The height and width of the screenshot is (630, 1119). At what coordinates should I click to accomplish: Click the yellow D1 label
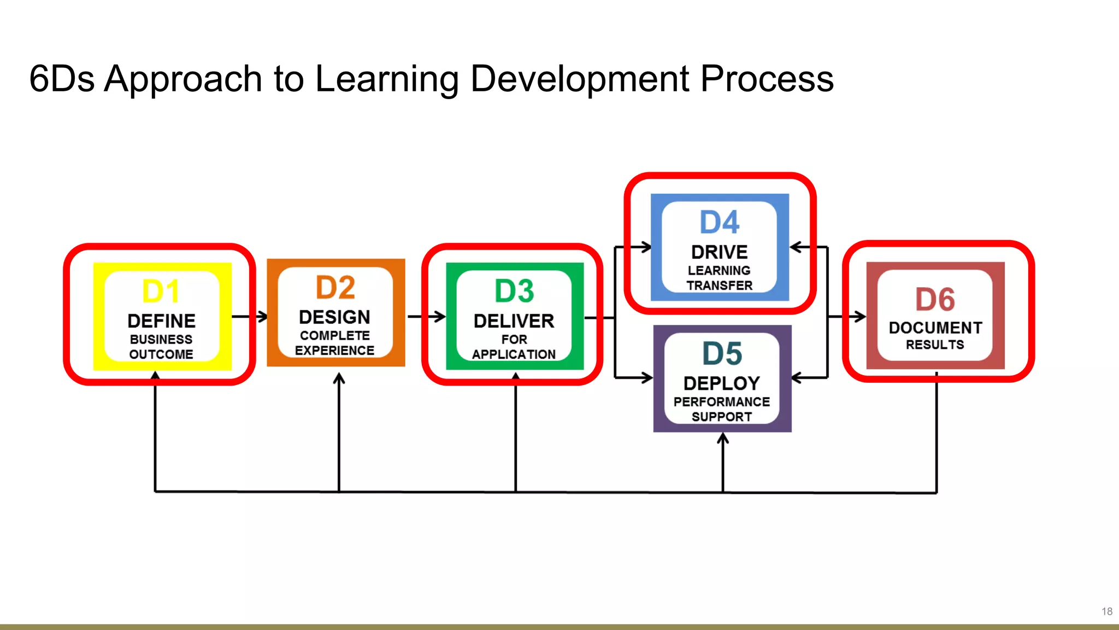pos(161,291)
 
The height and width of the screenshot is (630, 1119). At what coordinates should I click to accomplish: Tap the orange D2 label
pos(335,288)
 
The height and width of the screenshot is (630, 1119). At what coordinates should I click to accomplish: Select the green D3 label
pos(514,291)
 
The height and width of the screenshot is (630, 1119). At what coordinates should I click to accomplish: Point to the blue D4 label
pos(720,223)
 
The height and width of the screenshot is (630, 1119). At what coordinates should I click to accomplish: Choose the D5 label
pos(722,354)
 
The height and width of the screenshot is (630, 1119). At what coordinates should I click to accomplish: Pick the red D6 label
pos(935,300)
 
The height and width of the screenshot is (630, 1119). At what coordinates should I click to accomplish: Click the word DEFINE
pos(161,321)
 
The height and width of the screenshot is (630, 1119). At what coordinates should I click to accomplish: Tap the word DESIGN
pos(334,317)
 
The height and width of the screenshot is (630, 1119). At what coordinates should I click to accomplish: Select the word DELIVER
pos(514,321)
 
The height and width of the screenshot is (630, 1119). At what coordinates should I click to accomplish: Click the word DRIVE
pos(720,252)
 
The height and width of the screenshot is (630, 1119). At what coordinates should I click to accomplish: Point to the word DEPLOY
pos(722,383)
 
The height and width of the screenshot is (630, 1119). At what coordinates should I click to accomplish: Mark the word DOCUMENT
pos(935,328)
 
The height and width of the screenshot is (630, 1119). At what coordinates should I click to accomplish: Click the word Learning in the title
pos(387,79)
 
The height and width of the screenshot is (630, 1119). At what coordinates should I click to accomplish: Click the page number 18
pos(1107,611)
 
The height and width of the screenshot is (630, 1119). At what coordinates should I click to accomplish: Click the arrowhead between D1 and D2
pos(263,317)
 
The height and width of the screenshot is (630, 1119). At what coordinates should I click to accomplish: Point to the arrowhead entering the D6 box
pos(861,317)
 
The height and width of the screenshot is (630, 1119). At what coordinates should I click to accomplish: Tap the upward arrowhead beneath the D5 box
pos(723,438)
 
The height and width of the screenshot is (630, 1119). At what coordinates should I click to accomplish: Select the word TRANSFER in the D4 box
pos(720,285)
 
